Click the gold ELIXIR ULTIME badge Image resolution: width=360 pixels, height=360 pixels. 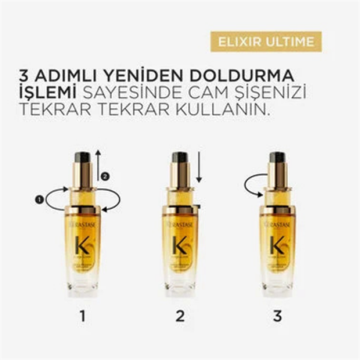tap(266, 42)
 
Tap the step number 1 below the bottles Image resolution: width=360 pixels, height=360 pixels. tap(82, 316)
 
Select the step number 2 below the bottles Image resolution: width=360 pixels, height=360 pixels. tap(180, 316)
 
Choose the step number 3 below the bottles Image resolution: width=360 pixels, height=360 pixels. tap(278, 316)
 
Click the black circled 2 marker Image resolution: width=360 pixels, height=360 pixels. tap(106, 176)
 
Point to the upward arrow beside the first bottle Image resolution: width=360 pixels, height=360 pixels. tap(98, 166)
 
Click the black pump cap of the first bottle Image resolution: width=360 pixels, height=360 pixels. tap(82, 157)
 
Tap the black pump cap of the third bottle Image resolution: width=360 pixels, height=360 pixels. tap(278, 157)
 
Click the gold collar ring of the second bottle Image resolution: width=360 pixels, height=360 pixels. tap(180, 210)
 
